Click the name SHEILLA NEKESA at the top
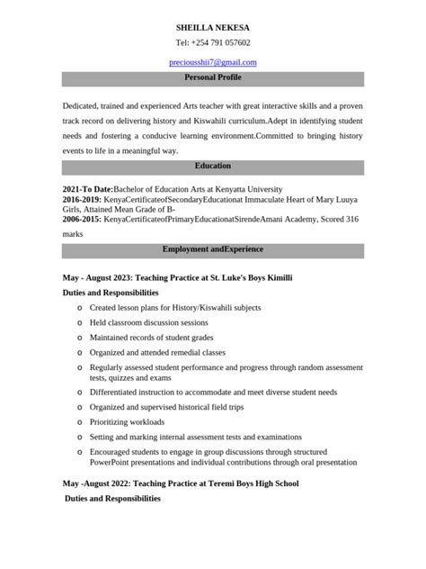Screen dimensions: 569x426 213,28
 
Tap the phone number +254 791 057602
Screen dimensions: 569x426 220,42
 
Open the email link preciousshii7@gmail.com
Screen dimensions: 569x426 213,62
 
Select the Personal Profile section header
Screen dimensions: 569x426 213,78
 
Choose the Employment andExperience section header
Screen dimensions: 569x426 213,248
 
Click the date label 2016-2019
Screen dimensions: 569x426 82,199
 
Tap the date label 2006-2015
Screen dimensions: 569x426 82,219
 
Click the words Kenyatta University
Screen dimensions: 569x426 252,189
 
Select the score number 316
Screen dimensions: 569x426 352,219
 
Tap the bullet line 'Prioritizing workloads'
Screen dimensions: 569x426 127,421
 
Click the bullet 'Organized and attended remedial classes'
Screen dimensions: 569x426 157,352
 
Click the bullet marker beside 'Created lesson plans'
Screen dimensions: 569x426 79,308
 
